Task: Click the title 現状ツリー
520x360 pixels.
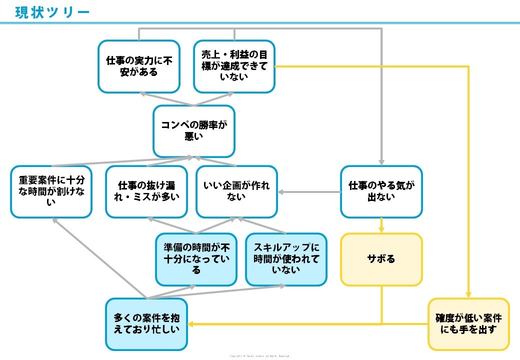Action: click(52, 11)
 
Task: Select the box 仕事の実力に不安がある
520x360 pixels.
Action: click(138, 66)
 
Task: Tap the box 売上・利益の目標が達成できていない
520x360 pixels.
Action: click(234, 66)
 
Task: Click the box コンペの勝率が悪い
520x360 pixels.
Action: click(193, 131)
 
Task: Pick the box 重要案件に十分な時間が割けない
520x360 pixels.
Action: click(51, 192)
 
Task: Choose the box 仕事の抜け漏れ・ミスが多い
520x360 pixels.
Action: click(146, 192)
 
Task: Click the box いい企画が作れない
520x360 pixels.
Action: click(236, 192)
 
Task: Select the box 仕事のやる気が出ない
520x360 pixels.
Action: click(381, 192)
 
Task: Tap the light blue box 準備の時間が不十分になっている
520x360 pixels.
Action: click(196, 259)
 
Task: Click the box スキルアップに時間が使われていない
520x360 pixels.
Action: click(286, 259)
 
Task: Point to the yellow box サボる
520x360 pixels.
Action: click(381, 259)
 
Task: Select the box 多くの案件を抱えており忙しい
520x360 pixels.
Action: click(146, 324)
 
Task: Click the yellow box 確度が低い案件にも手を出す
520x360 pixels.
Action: click(468, 324)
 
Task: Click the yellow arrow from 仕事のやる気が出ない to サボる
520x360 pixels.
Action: click(381, 225)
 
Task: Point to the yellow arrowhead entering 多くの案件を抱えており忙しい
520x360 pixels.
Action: click(191, 324)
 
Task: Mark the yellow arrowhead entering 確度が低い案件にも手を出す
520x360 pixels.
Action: click(468, 294)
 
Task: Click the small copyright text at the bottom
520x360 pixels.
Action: click(259, 356)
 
